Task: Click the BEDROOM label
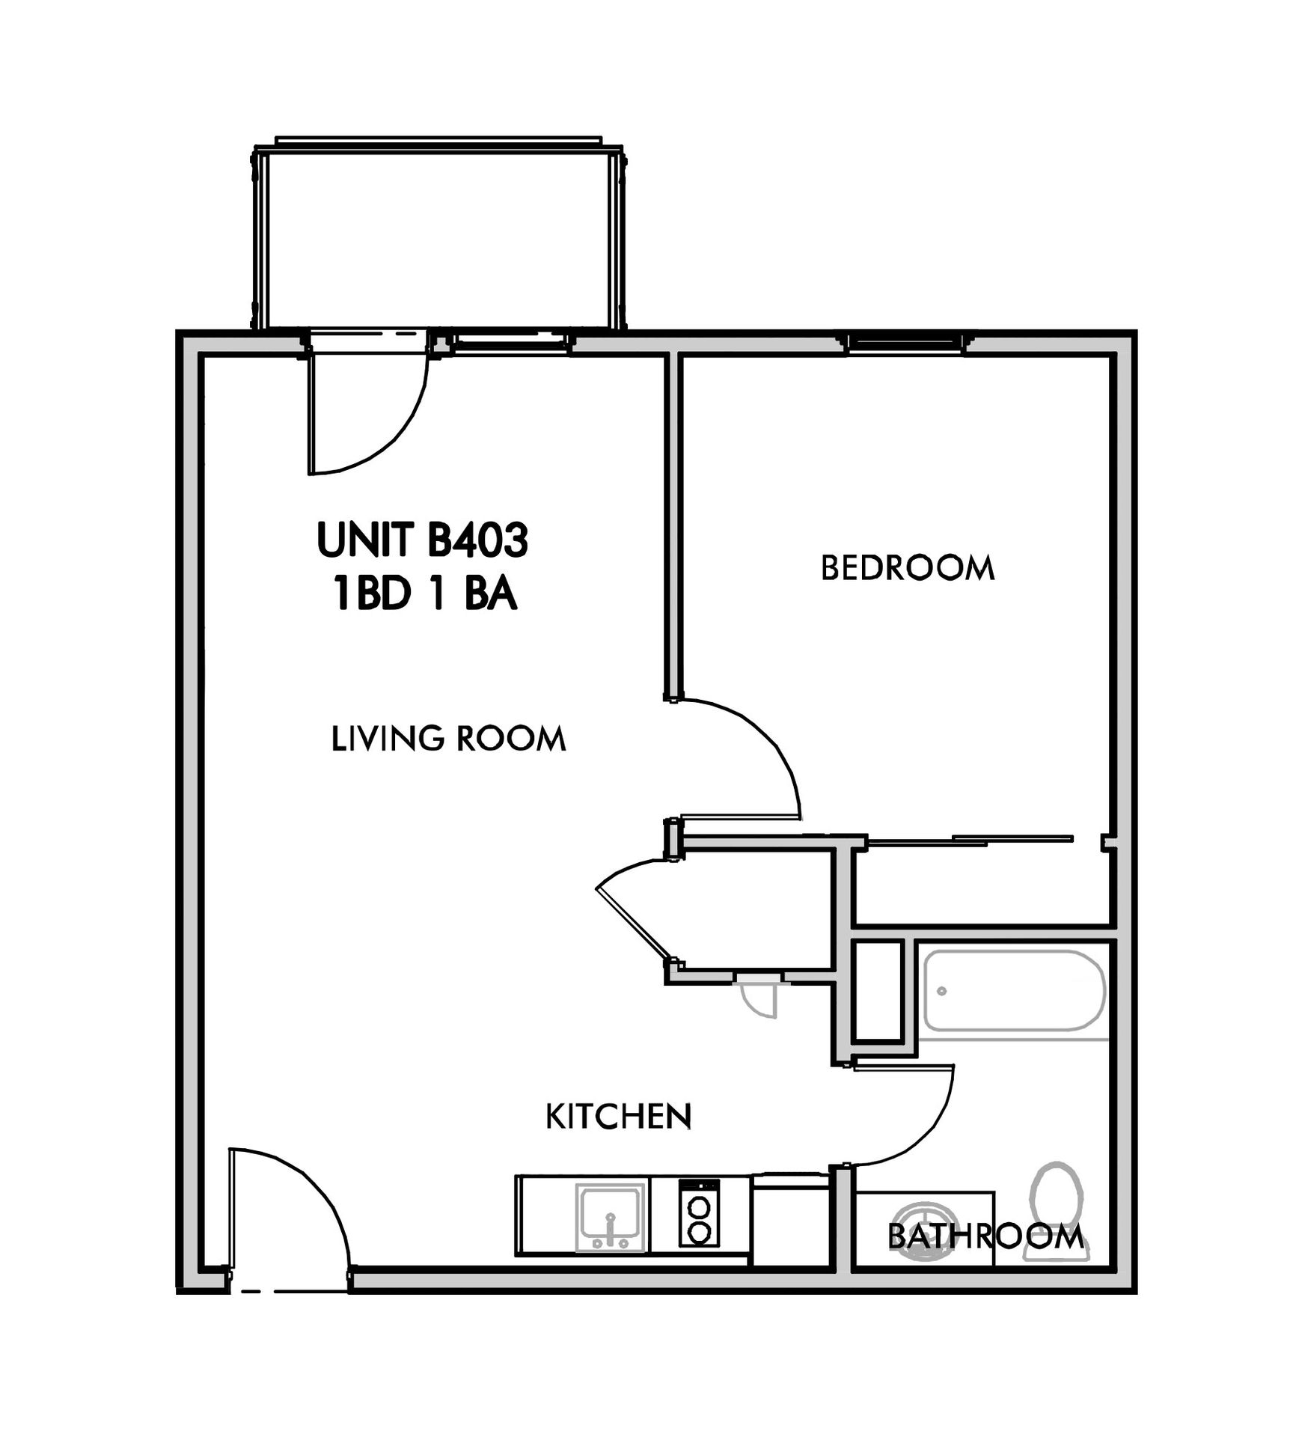[907, 568]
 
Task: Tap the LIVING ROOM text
[448, 739]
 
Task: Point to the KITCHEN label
[618, 1117]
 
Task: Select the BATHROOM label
[985, 1236]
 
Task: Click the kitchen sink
[611, 1217]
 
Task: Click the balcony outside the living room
[438, 237]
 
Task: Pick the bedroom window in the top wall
[906, 343]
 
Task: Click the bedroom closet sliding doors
[970, 840]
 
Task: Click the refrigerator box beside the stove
[790, 1220]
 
